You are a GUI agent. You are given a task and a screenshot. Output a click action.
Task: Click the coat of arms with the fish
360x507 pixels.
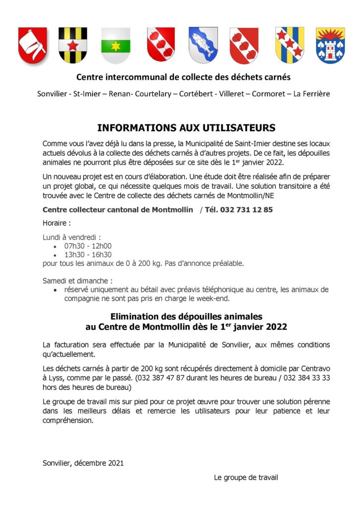click(203, 45)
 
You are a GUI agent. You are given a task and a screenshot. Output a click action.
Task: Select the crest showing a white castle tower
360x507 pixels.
click(330, 45)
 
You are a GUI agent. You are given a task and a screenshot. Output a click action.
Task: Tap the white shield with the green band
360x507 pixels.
click(115, 45)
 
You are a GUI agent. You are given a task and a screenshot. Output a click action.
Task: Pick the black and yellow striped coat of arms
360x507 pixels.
click(73, 45)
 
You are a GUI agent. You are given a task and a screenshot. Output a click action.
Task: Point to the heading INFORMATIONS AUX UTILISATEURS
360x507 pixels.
click(186, 128)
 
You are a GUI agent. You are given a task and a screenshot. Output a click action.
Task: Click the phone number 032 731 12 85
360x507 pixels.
click(247, 209)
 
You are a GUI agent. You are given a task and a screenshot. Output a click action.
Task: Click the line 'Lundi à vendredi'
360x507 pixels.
click(72, 237)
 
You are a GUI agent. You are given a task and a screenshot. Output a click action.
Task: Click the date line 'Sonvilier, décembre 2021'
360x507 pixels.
click(83, 463)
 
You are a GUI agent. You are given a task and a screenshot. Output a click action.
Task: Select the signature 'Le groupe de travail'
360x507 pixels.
click(246, 477)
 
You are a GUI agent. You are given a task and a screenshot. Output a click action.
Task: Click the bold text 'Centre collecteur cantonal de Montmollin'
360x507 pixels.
click(118, 209)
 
